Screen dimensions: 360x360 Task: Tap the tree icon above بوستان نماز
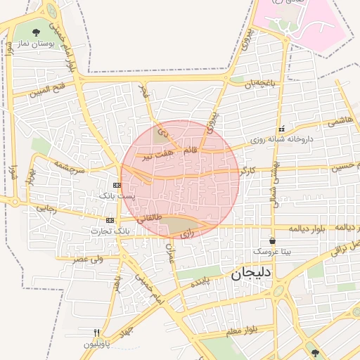coord(36,32)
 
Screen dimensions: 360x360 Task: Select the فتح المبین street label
coord(49,91)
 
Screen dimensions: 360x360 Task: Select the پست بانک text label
coord(115,195)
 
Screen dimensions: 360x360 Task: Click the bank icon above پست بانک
coord(117,185)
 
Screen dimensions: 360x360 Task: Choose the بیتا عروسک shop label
coord(271,251)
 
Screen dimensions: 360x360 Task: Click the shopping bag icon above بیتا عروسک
coord(272,241)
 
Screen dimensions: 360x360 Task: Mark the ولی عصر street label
coord(89,259)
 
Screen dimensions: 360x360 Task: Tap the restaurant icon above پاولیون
coord(97,333)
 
